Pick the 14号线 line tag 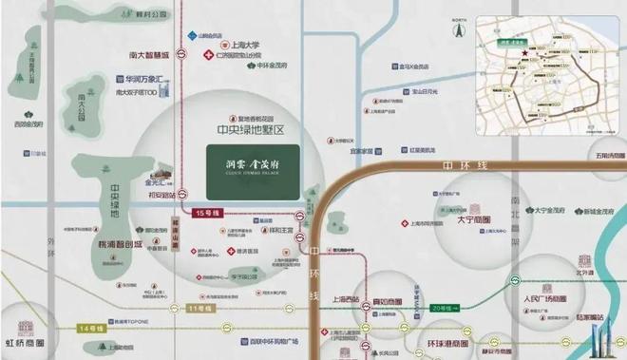[91, 328]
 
